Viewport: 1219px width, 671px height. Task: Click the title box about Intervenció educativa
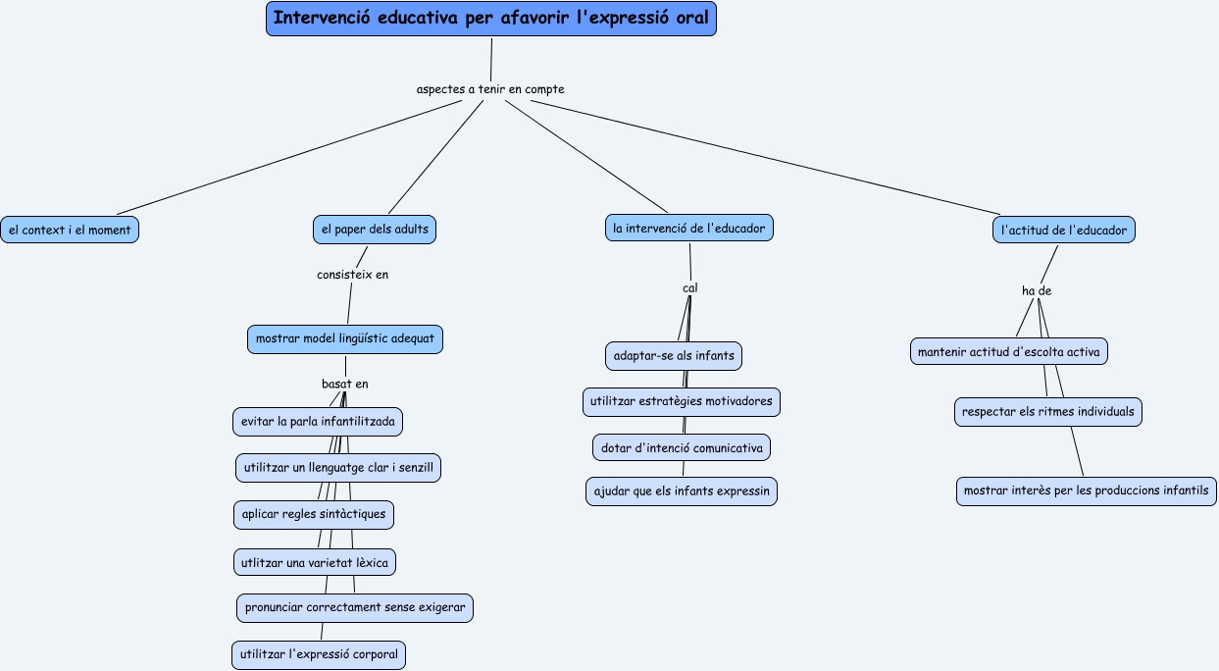[490, 19]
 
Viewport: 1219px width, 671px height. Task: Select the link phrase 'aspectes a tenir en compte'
[490, 89]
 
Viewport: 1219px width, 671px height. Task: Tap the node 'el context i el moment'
[70, 230]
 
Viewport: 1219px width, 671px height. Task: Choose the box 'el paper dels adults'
[374, 230]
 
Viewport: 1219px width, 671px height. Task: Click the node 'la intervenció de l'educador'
[689, 228]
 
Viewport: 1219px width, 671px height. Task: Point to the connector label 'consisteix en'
[352, 275]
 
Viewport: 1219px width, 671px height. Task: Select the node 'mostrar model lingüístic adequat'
[346, 339]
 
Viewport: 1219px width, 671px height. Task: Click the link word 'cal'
[689, 288]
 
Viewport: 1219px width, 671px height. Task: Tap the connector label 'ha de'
[1037, 291]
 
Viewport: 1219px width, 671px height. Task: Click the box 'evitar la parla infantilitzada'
[318, 422]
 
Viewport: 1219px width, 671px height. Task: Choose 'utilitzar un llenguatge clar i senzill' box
[338, 468]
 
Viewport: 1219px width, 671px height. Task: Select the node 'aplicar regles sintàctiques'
[315, 514]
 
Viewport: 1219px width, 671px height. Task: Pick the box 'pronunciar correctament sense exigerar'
[355, 607]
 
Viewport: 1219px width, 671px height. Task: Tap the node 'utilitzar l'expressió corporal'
[319, 654]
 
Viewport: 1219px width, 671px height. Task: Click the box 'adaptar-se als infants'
[674, 354]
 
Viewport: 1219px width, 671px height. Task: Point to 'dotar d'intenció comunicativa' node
[682, 447]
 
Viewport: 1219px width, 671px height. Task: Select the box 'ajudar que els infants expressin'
[682, 490]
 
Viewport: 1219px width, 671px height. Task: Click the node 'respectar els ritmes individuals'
[1048, 411]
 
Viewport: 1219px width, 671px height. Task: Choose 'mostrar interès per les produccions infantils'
[1087, 490]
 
